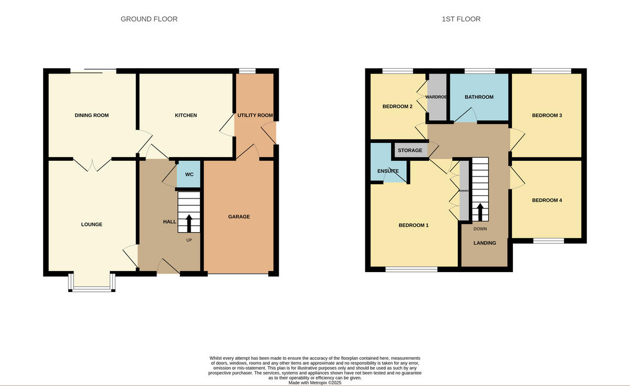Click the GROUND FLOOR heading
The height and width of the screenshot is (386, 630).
[x=149, y=19]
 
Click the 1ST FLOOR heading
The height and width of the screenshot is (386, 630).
[x=461, y=19]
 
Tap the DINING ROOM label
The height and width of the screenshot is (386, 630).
[x=92, y=115]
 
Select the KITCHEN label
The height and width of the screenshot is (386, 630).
[x=186, y=115]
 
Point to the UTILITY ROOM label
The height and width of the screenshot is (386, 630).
[x=255, y=115]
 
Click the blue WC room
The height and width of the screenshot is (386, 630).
[x=189, y=174]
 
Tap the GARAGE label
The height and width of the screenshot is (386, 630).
[x=239, y=216]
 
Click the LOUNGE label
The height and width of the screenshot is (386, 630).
[x=92, y=224]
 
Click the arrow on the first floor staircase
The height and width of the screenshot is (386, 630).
[x=479, y=212]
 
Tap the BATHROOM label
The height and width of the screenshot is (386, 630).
[x=479, y=97]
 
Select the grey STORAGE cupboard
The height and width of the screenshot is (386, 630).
[x=410, y=151]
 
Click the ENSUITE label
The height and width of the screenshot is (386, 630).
[x=388, y=171]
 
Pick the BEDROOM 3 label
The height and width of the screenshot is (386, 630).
[x=547, y=115]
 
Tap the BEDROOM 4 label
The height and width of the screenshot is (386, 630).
[x=547, y=200]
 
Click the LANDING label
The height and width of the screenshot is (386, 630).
[x=485, y=243]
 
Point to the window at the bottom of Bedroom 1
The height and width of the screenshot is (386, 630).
[x=412, y=270]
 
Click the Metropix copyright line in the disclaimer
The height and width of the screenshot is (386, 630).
[x=315, y=383]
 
